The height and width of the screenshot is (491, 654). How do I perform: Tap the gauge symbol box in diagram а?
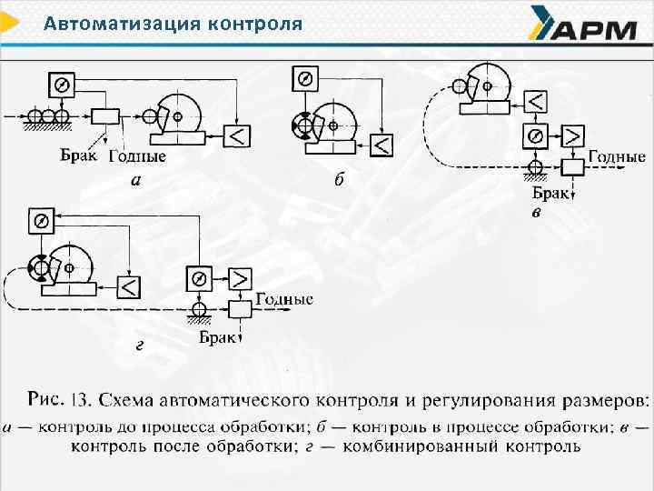point(63,84)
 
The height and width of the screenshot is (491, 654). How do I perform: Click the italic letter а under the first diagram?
point(135,179)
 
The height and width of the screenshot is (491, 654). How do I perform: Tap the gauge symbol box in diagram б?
point(304,79)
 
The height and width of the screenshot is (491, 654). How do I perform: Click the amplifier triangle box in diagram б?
point(382,144)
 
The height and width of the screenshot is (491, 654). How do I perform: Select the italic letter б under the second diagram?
point(339,179)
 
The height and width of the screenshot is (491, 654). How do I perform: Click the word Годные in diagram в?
point(618,156)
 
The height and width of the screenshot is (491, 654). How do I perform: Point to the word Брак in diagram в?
point(550,194)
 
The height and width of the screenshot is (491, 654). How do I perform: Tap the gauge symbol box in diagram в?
point(536,136)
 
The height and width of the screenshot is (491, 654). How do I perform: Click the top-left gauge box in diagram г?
point(41,221)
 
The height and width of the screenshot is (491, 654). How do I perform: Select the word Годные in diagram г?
point(284,298)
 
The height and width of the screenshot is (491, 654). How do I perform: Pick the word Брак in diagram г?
point(217,337)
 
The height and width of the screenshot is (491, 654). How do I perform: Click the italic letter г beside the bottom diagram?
point(138,345)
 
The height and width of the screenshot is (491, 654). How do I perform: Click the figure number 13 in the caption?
point(82,399)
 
